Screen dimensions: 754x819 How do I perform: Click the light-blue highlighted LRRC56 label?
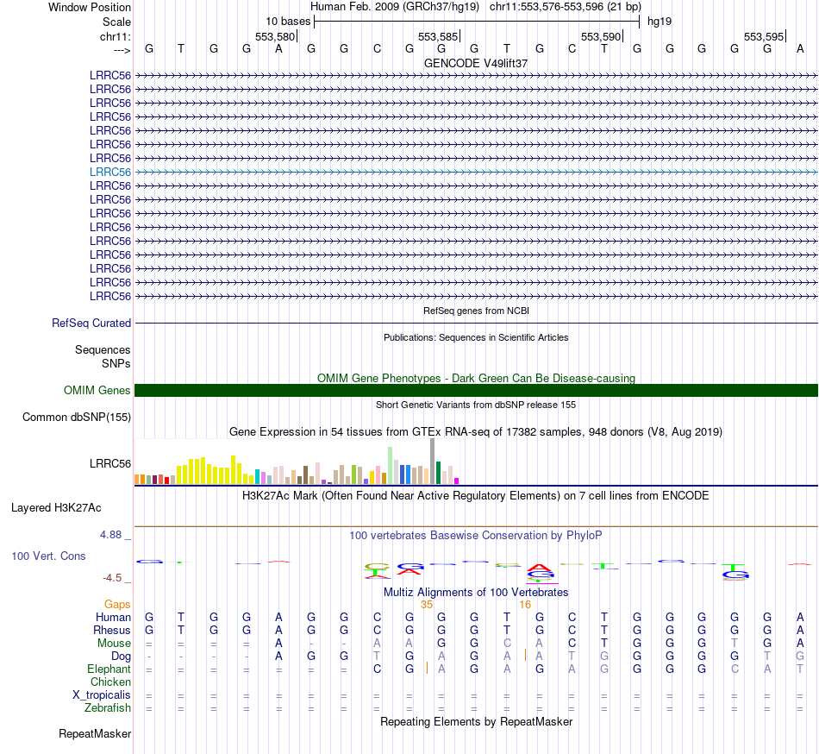pyautogui.click(x=110, y=172)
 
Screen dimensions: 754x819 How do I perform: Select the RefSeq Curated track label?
pyautogui.click(x=91, y=323)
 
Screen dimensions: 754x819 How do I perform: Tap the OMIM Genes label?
pyautogui.click(x=97, y=390)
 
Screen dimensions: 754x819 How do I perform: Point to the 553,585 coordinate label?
pyautogui.click(x=437, y=36)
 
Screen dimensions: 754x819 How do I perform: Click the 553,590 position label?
pyautogui.click(x=601, y=36)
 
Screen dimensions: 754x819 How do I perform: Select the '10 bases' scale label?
pyautogui.click(x=288, y=21)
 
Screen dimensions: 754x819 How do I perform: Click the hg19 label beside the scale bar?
pyautogui.click(x=660, y=21)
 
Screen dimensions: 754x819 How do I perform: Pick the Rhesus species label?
pyautogui.click(x=112, y=630)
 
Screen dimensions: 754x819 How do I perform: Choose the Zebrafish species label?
pyautogui.click(x=109, y=708)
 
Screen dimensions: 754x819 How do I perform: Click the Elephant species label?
pyautogui.click(x=109, y=669)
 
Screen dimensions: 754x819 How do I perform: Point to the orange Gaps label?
pyautogui.click(x=117, y=604)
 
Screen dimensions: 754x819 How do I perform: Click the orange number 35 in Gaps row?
pyautogui.click(x=426, y=604)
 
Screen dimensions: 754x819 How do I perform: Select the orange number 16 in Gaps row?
pyautogui.click(x=524, y=604)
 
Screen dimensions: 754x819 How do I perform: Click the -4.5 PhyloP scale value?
pyautogui.click(x=116, y=578)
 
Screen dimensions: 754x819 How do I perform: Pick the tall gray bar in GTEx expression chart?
pyautogui.click(x=432, y=460)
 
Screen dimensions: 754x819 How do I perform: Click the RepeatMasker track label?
pyautogui.click(x=95, y=734)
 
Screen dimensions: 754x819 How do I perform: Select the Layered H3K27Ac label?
pyautogui.click(x=56, y=507)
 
